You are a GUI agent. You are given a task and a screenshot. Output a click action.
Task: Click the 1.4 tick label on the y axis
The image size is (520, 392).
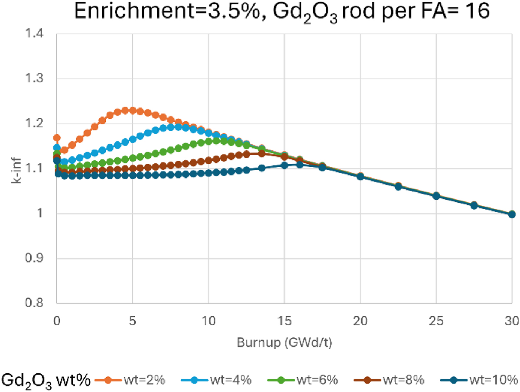click(34, 34)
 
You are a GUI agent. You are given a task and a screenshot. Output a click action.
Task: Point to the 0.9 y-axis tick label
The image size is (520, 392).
click(34, 258)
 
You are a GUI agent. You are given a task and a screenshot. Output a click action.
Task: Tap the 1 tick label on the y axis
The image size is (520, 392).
click(40, 213)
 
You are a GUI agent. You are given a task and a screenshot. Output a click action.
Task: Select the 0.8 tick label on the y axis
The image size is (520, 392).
click(34, 303)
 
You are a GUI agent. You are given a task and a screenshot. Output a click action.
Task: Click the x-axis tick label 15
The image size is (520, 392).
click(284, 321)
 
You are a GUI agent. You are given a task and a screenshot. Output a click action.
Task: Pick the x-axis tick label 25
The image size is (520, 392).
click(436, 321)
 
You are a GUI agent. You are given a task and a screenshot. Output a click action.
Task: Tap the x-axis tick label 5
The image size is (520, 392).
click(133, 321)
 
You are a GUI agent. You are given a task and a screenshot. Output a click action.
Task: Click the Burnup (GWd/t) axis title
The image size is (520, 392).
click(284, 343)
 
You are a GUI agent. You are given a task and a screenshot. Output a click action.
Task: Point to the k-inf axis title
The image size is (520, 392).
click(16, 171)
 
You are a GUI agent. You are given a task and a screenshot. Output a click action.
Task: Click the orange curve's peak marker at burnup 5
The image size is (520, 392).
click(133, 110)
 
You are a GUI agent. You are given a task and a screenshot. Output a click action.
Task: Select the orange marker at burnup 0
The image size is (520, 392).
click(57, 138)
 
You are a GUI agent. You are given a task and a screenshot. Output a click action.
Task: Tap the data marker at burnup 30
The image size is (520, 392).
click(512, 214)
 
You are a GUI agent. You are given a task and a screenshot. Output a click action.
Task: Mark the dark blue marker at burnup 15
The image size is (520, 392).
click(284, 165)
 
